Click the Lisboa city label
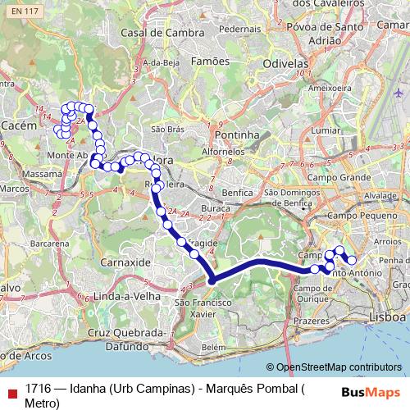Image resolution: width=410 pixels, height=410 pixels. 387,316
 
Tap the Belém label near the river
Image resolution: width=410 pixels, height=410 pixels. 212,347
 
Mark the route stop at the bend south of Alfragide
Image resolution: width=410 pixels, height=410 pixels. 212,281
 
